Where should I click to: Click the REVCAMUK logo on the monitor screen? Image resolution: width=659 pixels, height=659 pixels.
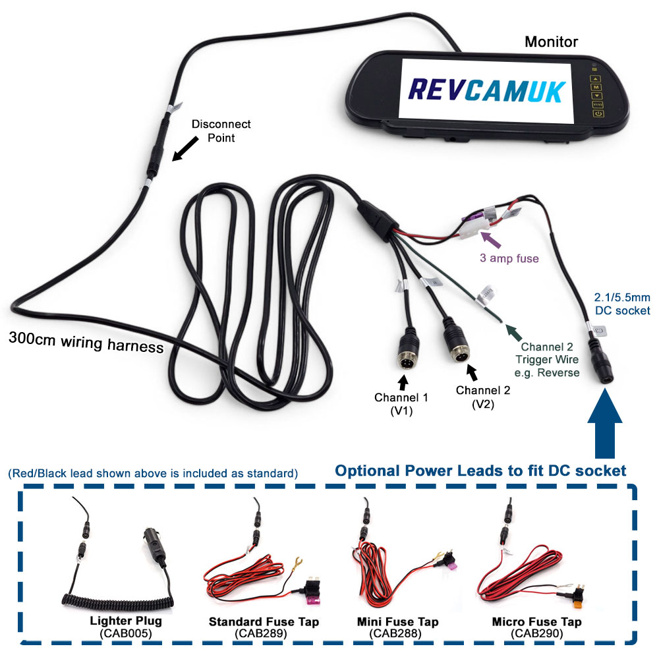(x=486, y=90)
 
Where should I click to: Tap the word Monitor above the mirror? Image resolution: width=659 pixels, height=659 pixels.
(x=551, y=42)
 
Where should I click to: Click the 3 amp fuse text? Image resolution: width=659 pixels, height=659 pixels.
(x=509, y=258)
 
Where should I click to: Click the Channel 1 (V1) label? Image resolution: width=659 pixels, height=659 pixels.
(x=401, y=403)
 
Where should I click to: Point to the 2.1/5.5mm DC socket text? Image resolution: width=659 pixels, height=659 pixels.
(x=621, y=304)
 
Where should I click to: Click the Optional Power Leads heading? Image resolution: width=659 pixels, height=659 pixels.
(x=480, y=471)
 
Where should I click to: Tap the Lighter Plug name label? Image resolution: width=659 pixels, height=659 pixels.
(x=125, y=620)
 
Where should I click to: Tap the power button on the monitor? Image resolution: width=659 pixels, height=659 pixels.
(x=598, y=114)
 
